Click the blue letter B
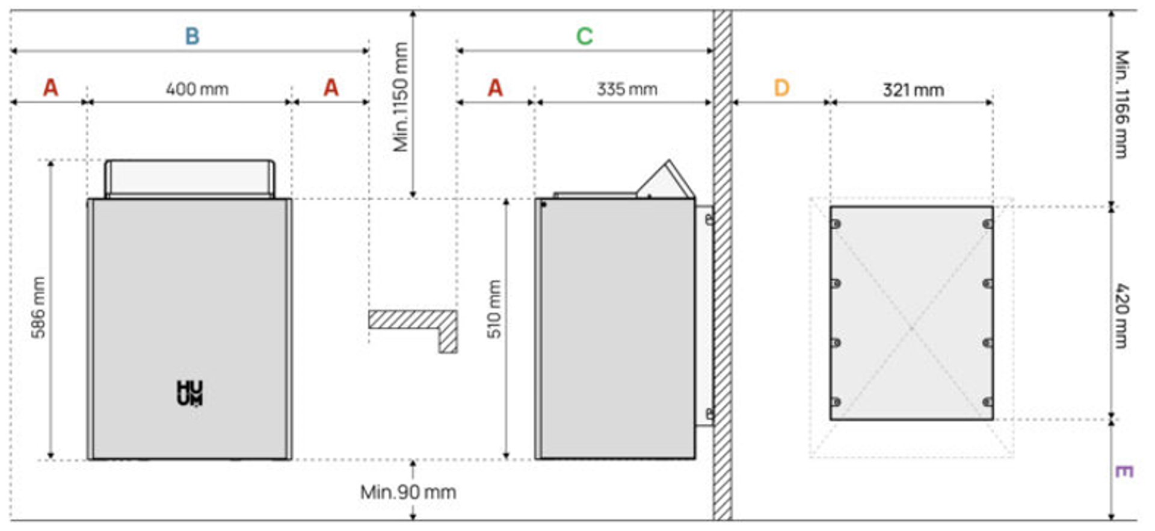coord(192,36)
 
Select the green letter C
coord(584,36)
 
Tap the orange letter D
coord(781,88)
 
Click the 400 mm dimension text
coord(197,89)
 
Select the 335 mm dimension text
coord(627,89)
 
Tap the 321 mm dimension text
coord(913,90)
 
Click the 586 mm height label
coord(38,307)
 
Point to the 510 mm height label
coord(494,309)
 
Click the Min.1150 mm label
coord(401,96)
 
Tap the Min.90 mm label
coord(408,492)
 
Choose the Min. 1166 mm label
coord(1123,104)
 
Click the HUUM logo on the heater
coord(189,393)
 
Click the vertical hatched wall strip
coord(722,265)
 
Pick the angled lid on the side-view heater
coord(667,180)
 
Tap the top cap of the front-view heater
coord(189,179)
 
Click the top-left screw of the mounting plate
coord(836,224)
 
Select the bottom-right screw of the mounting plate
coord(988,402)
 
